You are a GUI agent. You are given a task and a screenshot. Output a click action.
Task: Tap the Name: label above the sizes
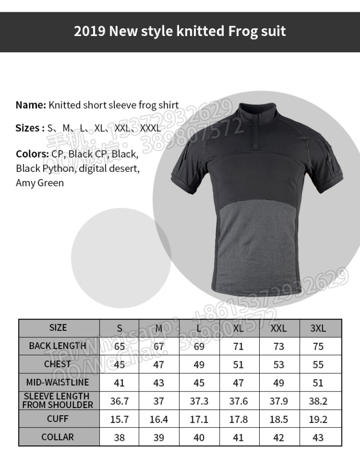(31, 105)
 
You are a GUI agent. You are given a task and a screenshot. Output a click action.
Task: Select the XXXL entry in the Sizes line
(150, 128)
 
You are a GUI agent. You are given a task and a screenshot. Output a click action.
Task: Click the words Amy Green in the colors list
(40, 183)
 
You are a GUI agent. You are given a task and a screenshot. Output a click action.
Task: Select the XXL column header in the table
(279, 328)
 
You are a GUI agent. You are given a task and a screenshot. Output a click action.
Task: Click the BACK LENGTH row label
(57, 346)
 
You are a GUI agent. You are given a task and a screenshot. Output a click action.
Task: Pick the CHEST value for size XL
(238, 364)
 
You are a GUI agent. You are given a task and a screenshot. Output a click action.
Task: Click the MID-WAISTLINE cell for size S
(119, 383)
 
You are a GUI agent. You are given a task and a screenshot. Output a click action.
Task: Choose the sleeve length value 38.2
(318, 401)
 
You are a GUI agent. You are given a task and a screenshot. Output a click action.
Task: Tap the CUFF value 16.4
(159, 419)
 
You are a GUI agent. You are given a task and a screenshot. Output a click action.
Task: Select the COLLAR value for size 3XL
(318, 437)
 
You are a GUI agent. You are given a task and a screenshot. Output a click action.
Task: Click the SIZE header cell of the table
(58, 328)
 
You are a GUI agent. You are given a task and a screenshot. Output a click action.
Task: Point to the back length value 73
(279, 346)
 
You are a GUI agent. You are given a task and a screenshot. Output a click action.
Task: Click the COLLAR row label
(58, 437)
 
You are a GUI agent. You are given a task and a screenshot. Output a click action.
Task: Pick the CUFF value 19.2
(318, 419)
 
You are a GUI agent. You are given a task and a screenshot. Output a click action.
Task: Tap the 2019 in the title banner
(90, 31)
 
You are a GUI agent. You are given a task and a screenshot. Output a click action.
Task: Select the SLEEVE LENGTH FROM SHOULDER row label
(58, 400)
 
